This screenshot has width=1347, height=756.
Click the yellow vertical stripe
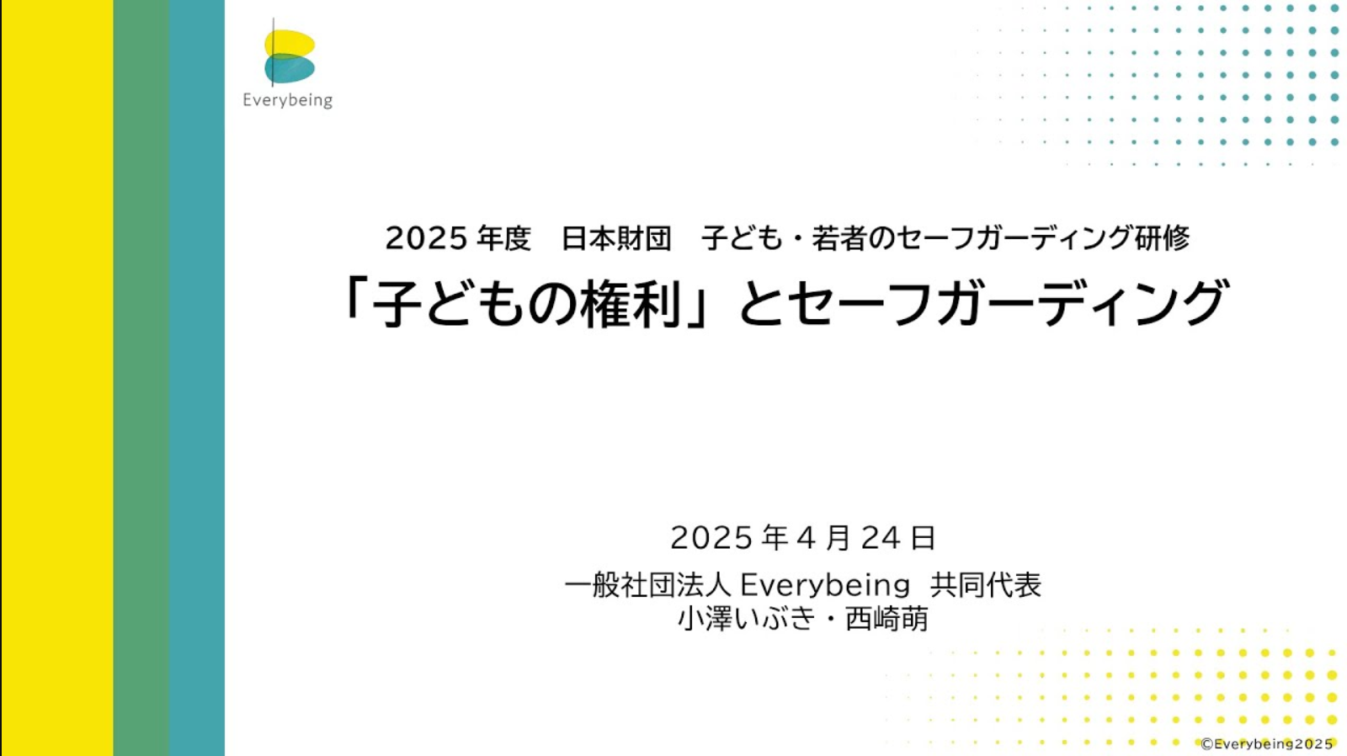click(x=58, y=378)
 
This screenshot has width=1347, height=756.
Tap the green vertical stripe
click(x=141, y=378)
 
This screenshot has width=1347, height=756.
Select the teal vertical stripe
click(x=197, y=378)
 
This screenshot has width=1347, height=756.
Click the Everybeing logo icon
click(x=290, y=54)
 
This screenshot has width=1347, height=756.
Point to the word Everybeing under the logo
click(x=287, y=100)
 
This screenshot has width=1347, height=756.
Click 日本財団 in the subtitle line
click(x=616, y=238)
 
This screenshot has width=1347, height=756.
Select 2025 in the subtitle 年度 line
click(x=426, y=238)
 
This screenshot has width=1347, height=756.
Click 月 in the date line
click(x=837, y=538)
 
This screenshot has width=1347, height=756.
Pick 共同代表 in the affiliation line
click(x=986, y=585)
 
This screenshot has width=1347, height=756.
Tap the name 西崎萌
click(x=887, y=619)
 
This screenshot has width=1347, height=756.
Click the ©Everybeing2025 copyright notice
click(x=1267, y=744)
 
